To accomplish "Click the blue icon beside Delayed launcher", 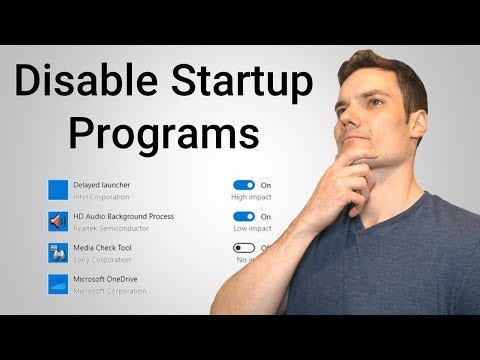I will (58, 190).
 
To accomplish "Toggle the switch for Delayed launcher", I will (243, 185).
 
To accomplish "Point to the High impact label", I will (251, 196).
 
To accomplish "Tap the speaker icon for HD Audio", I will (58, 221).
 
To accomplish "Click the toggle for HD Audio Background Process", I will (243, 216).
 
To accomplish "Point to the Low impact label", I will (251, 227).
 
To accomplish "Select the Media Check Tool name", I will (103, 247).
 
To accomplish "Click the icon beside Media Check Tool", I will (58, 252).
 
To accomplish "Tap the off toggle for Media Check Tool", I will (243, 247).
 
